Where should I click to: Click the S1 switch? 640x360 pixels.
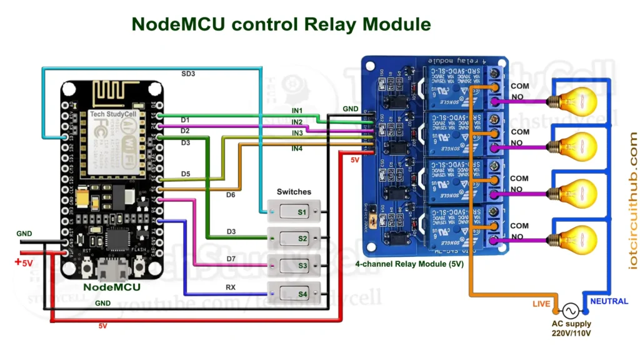(294, 212)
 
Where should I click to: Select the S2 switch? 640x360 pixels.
(294, 238)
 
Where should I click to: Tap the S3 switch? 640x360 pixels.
(294, 266)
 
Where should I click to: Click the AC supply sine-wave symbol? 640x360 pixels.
(570, 310)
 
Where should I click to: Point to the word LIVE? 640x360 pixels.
(541, 304)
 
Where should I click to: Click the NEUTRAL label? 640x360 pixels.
(609, 301)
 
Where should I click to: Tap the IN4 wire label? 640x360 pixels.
(297, 149)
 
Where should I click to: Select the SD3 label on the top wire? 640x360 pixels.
(187, 74)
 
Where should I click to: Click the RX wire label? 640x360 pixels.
(230, 288)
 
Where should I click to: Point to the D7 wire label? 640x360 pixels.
(231, 258)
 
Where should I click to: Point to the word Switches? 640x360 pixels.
(294, 192)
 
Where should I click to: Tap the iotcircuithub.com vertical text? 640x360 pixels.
(633, 201)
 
